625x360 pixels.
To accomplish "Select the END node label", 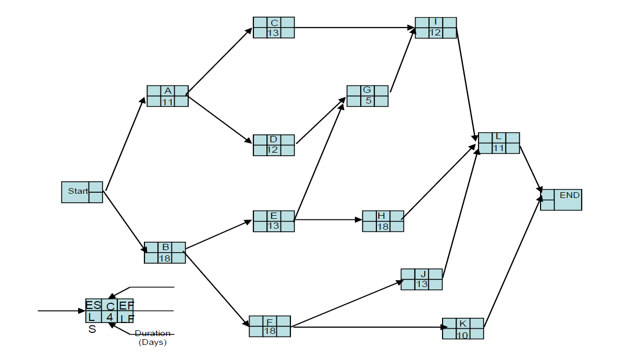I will [569, 195].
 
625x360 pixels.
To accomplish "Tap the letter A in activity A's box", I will [167, 91].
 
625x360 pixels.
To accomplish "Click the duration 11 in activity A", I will [167, 102].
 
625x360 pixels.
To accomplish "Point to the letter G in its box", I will [367, 90].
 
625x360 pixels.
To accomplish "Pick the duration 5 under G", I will [368, 101].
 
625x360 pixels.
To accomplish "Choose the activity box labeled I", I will [436, 28].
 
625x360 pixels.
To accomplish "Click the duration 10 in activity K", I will [462, 334].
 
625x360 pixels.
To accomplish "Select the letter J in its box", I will [422, 274].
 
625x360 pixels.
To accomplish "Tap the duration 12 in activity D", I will [273, 150].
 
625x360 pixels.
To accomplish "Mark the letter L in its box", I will [498, 137].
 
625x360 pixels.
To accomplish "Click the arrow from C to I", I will [354, 27].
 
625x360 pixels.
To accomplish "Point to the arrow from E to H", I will [328, 219].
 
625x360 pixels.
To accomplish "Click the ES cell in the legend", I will [93, 305].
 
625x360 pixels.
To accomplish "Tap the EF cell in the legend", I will [127, 305].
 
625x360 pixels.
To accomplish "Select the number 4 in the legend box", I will [109, 317].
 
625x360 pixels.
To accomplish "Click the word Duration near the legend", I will [152, 333].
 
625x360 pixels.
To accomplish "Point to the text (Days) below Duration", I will [152, 342].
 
